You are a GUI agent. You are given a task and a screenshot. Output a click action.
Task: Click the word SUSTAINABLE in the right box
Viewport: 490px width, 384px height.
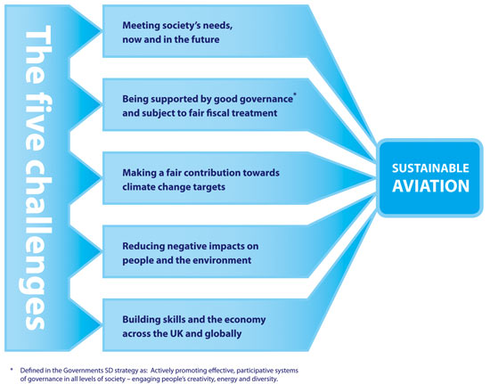coord(430,168)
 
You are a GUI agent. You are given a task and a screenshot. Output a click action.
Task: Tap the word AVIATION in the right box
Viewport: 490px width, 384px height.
coord(430,186)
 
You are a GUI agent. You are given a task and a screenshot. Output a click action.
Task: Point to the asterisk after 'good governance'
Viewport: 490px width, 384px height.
coord(295,94)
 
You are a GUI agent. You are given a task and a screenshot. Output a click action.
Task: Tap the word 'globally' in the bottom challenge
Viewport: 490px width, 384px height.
coord(223,334)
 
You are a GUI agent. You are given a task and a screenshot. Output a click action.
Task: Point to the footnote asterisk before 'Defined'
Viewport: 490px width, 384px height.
coord(12,370)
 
